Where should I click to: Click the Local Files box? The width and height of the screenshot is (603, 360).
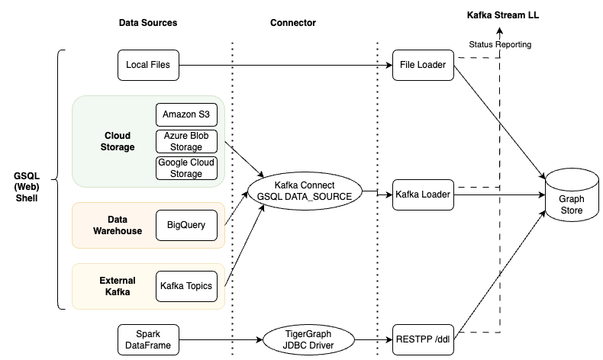pyautogui.click(x=148, y=65)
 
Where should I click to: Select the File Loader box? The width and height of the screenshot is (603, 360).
pyautogui.click(x=423, y=65)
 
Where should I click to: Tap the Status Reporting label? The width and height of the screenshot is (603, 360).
pyautogui.click(x=500, y=45)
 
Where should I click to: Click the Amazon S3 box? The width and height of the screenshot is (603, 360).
pyautogui.click(x=186, y=114)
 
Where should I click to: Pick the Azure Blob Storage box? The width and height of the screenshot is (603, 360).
pyautogui.click(x=186, y=141)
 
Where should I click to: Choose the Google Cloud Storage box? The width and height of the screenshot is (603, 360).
pyautogui.click(x=186, y=168)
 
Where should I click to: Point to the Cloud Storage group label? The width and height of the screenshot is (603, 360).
pyautogui.click(x=118, y=141)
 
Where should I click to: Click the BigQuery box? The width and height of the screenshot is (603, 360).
pyautogui.click(x=186, y=225)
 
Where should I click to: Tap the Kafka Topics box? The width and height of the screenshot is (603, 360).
pyautogui.click(x=186, y=286)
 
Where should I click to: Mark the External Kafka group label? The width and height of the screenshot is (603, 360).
pyautogui.click(x=118, y=286)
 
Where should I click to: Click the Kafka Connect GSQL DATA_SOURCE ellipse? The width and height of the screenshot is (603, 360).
pyautogui.click(x=305, y=191)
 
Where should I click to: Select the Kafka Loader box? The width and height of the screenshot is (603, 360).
pyautogui.click(x=423, y=194)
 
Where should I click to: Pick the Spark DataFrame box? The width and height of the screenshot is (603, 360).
pyautogui.click(x=148, y=339)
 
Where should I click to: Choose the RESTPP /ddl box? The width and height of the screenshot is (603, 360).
pyautogui.click(x=423, y=339)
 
